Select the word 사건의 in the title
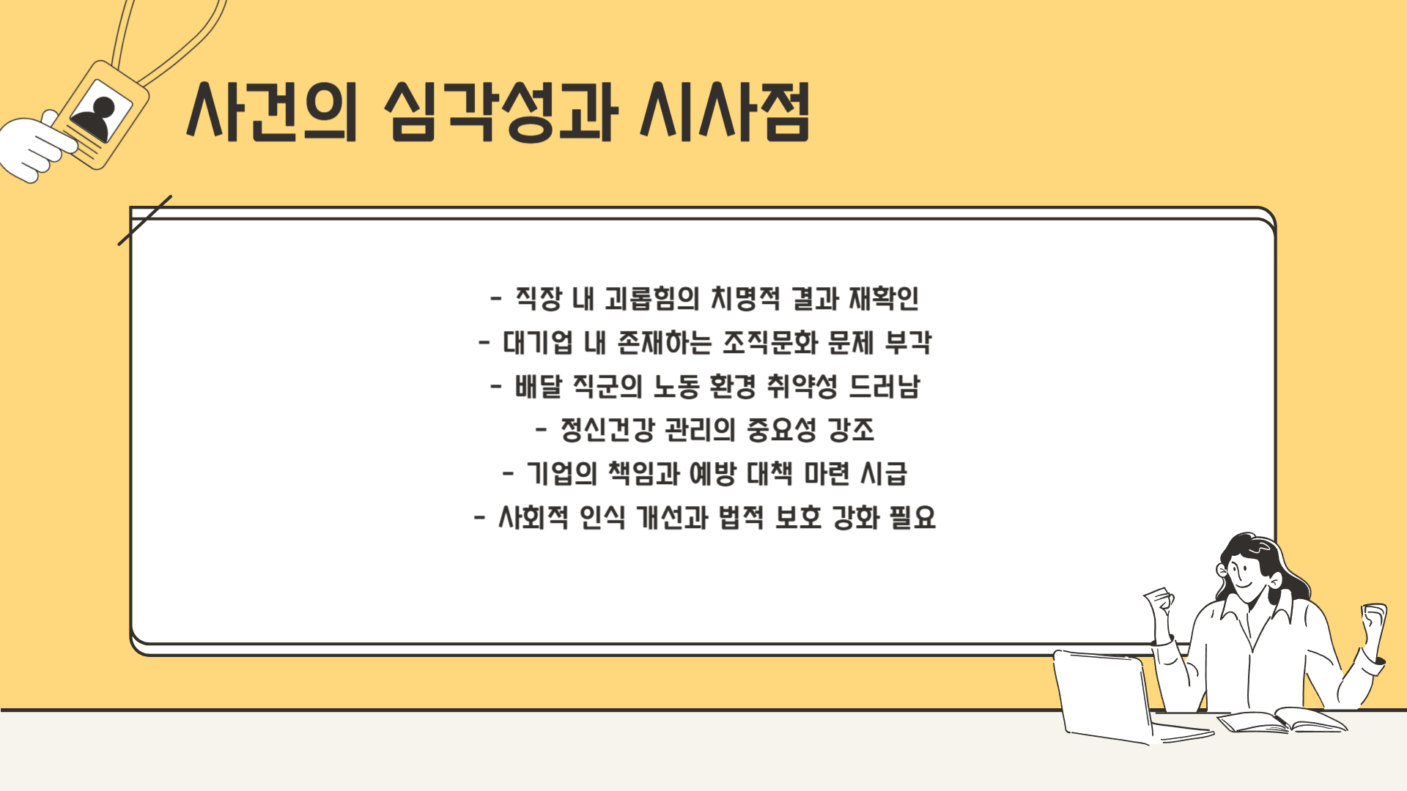271,112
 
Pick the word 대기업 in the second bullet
537,343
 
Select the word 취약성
802,387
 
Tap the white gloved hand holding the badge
37,149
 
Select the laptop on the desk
1107,696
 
